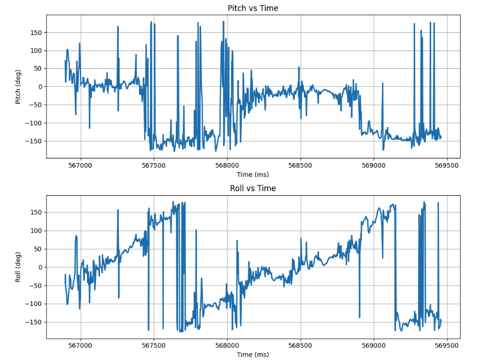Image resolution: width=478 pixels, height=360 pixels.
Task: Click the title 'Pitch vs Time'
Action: [x=253, y=8]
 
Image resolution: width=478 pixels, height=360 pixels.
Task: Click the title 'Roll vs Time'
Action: [x=253, y=188]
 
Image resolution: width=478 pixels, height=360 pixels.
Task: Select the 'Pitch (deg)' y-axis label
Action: [x=18, y=86]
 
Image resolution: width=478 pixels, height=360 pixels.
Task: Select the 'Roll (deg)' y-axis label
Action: [x=18, y=267]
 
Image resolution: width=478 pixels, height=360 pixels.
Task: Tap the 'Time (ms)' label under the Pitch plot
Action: [x=253, y=175]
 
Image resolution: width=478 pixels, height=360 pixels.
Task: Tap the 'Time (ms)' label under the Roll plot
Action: [x=253, y=355]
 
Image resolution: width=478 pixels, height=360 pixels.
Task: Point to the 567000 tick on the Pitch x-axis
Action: [x=80, y=166]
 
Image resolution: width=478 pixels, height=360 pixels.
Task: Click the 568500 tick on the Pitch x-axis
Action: [x=300, y=166]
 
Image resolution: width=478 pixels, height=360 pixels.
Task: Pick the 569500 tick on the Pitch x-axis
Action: [x=447, y=166]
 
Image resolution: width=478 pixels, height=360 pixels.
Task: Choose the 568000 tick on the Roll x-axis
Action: [x=227, y=346]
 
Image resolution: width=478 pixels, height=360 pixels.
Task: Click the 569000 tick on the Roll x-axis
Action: [x=373, y=346]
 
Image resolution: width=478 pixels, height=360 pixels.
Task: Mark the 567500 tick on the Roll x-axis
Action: [x=153, y=346]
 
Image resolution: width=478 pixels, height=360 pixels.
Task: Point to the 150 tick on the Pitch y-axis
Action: [x=36, y=32]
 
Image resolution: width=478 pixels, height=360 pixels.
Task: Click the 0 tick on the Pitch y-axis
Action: [x=40, y=87]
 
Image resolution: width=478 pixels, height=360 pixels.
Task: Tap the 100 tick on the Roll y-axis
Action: [x=36, y=231]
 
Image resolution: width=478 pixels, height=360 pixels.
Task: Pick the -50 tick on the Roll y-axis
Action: [x=36, y=285]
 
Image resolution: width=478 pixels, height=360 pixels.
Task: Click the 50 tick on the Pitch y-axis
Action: [x=38, y=68]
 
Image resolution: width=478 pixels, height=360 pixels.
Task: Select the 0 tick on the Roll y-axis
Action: [x=40, y=267]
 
